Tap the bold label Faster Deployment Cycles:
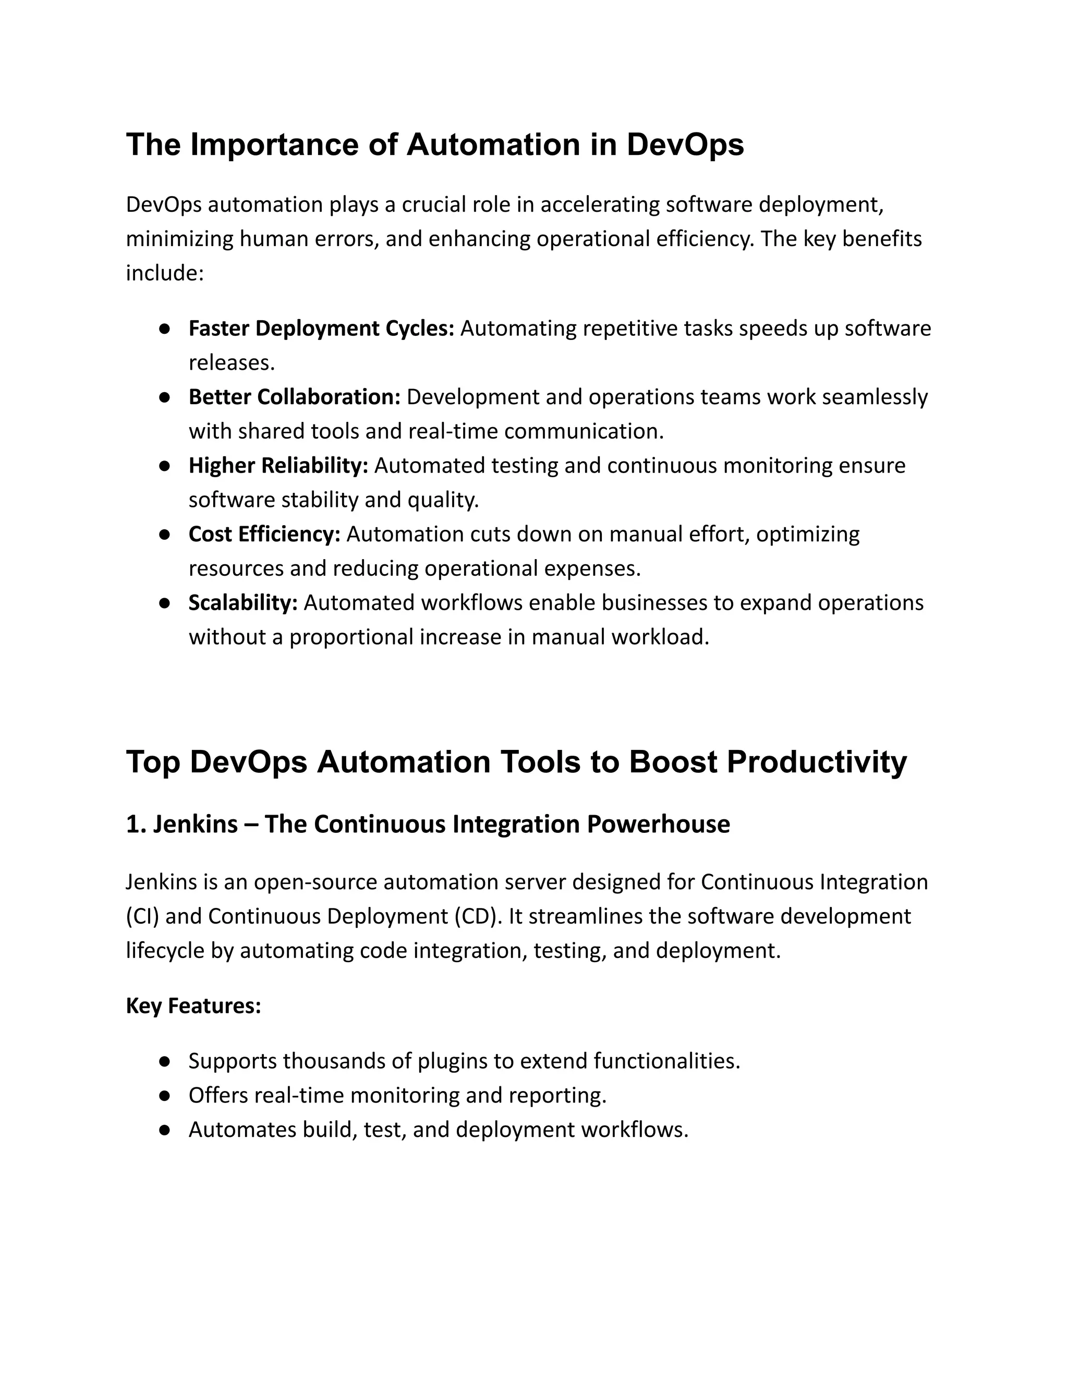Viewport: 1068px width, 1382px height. coord(321,329)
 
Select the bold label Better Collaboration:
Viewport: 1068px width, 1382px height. coord(294,397)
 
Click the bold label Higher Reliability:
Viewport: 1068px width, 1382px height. coord(278,465)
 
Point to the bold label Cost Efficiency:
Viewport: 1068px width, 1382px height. coord(264,534)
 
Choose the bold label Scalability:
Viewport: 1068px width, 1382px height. coord(243,602)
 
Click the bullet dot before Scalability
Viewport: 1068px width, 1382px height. coord(164,603)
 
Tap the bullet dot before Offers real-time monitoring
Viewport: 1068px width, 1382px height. coord(164,1095)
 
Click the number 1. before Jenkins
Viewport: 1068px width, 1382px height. coord(136,825)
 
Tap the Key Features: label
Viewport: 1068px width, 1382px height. coord(193,1005)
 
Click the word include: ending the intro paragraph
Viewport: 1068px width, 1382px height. coord(164,273)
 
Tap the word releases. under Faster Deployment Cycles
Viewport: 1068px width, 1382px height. coord(232,362)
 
